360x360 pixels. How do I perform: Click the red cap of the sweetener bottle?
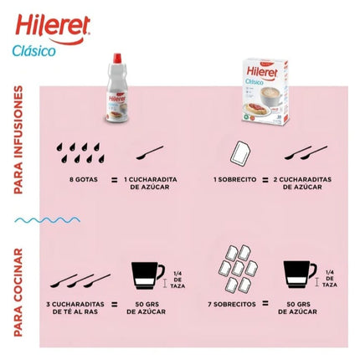click(x=115, y=65)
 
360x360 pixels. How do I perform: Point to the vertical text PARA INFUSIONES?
click(x=18, y=140)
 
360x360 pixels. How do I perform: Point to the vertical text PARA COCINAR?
click(x=18, y=291)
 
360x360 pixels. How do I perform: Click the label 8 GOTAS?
click(x=84, y=179)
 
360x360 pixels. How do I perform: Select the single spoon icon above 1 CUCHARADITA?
click(x=151, y=152)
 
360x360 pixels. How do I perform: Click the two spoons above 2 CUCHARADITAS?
click(x=306, y=152)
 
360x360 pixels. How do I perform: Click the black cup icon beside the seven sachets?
click(x=299, y=277)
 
